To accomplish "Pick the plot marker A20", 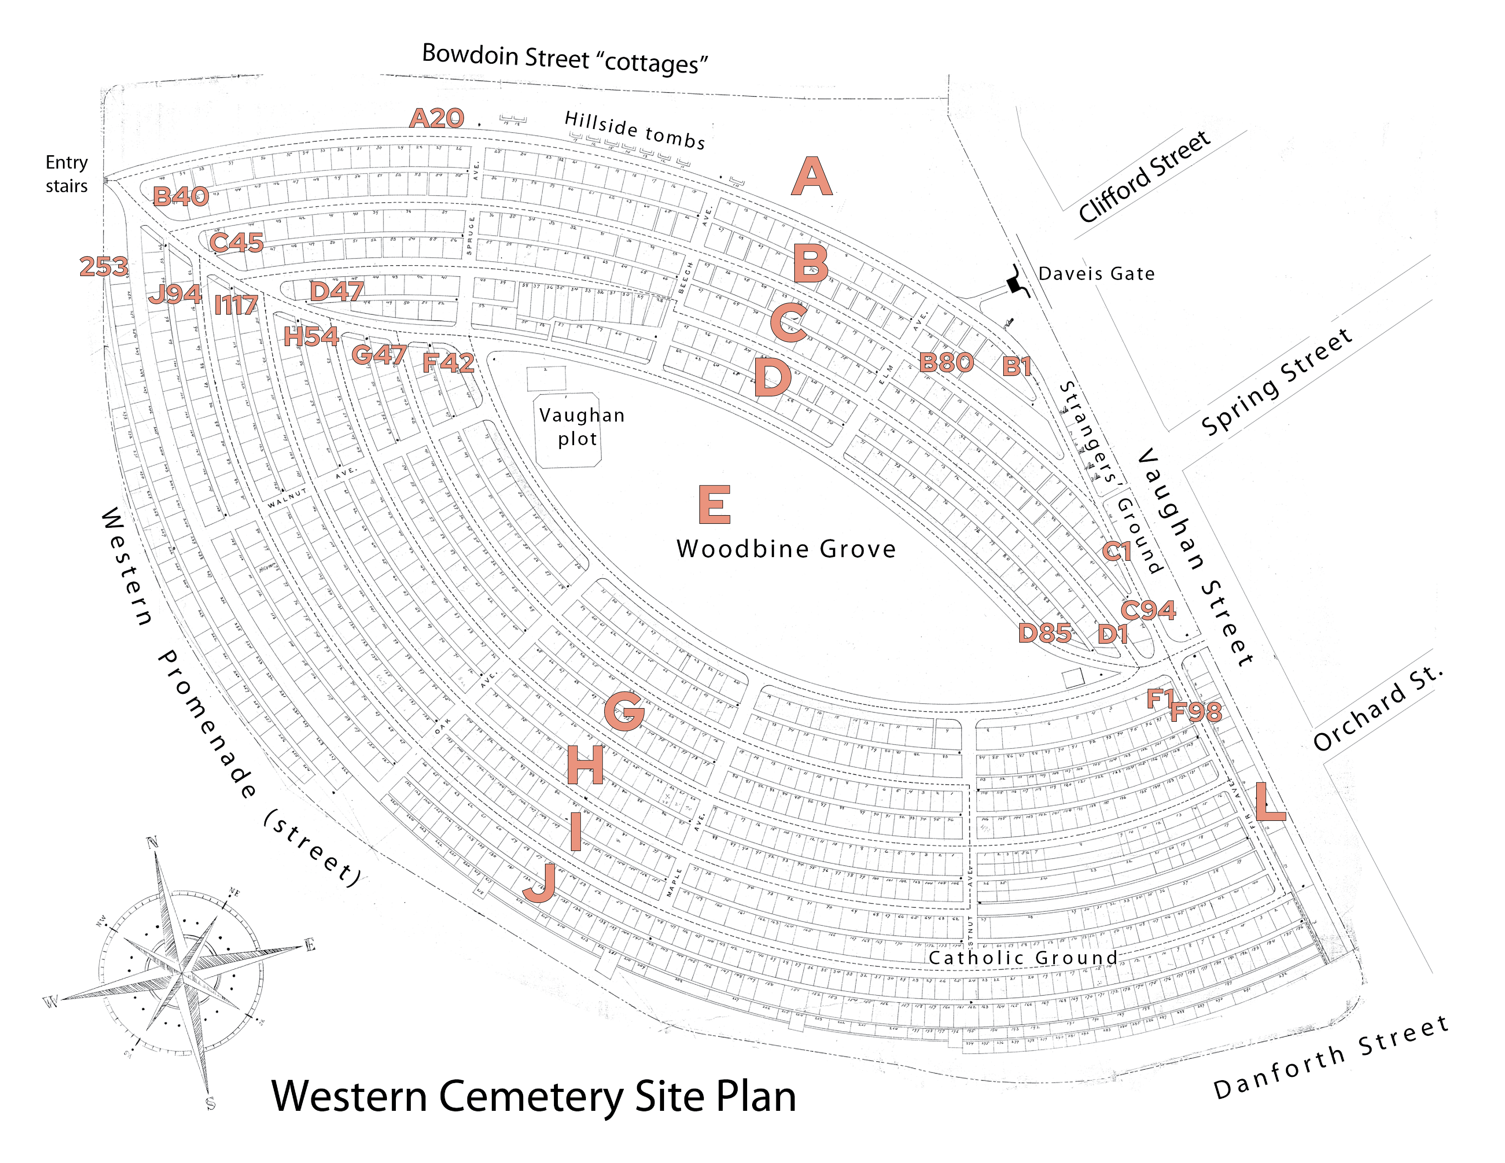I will point(437,119).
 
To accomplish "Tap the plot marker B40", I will point(181,196).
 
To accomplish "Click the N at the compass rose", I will point(152,842).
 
